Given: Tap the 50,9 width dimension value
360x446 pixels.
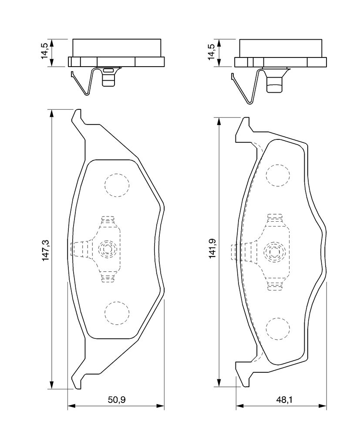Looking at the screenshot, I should (x=116, y=399).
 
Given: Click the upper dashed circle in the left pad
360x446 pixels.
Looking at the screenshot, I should (x=117, y=185).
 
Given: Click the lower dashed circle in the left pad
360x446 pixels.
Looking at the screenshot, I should (x=117, y=313).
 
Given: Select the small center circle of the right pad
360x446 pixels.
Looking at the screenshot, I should (x=273, y=252).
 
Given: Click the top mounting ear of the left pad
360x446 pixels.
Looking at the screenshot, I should (x=77, y=117).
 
